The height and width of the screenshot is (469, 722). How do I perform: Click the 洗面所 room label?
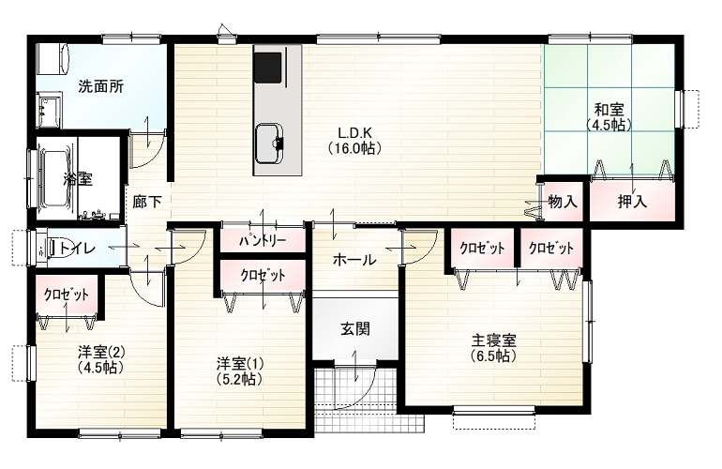pos(101,86)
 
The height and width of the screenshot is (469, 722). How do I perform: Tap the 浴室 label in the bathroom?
pos(78,178)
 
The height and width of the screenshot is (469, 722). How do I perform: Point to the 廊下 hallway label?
pos(147,202)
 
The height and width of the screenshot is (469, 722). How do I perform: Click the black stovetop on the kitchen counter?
pos(267,68)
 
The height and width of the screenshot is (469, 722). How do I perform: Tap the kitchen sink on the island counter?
pos(269,144)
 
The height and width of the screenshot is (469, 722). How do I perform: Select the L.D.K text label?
pos(354,133)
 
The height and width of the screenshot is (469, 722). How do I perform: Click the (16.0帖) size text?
pos(354,148)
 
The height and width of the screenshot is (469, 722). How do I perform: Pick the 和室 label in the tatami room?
pos(609,110)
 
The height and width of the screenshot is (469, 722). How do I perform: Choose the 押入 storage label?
pos(632,202)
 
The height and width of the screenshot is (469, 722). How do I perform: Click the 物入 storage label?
pos(563,202)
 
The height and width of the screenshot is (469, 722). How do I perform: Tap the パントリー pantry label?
pos(263,240)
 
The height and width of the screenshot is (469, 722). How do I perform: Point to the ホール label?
pos(354,260)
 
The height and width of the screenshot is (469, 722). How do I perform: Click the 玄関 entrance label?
pos(355,329)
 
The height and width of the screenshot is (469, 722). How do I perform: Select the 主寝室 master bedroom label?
pos(493,340)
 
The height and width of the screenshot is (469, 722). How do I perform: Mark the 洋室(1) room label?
pos(240,364)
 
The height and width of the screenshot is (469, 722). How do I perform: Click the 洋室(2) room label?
pos(101,353)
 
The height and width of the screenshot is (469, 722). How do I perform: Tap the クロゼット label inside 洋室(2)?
pos(67,295)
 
